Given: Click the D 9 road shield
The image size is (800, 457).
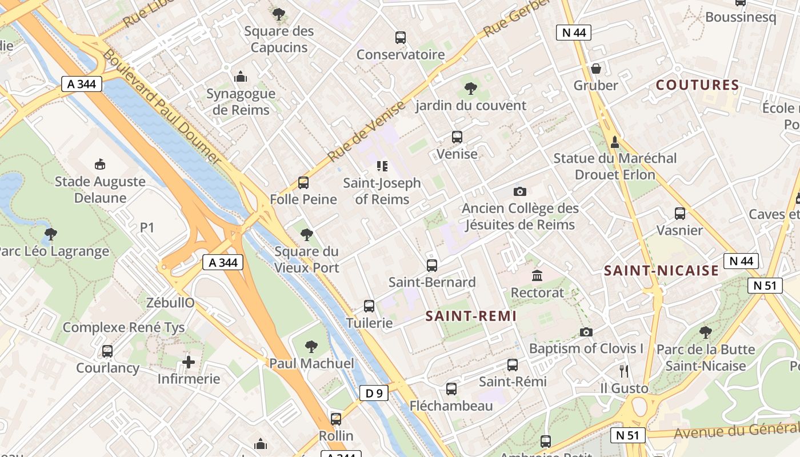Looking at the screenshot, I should [374, 393].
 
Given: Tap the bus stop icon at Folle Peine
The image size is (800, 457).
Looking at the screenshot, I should [303, 183].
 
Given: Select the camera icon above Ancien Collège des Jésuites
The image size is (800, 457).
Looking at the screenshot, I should [519, 191].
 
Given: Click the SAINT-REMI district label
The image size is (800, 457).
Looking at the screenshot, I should [471, 316].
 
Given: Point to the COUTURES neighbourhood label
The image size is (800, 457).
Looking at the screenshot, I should [697, 85].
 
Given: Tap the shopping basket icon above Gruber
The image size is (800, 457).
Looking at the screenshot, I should [596, 69].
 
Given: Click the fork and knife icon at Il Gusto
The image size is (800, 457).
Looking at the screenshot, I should [624, 371].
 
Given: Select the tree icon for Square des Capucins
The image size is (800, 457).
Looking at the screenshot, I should [279, 14].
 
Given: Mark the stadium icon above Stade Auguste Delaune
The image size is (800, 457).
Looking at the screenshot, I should [101, 165].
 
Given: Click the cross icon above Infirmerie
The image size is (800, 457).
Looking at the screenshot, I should [188, 362].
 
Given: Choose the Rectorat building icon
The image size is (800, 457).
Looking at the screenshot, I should [537, 276].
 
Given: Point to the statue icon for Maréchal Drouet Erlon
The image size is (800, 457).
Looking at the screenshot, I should [615, 141].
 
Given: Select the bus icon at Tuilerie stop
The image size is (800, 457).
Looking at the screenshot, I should [369, 306].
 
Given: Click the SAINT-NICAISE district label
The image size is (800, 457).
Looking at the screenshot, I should [661, 271].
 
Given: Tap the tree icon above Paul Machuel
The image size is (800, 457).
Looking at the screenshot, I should [311, 346].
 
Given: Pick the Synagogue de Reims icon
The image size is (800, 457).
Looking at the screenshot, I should [241, 77].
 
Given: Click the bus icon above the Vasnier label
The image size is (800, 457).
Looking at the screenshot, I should [679, 214].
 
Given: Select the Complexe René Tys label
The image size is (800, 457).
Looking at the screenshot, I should [123, 327].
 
